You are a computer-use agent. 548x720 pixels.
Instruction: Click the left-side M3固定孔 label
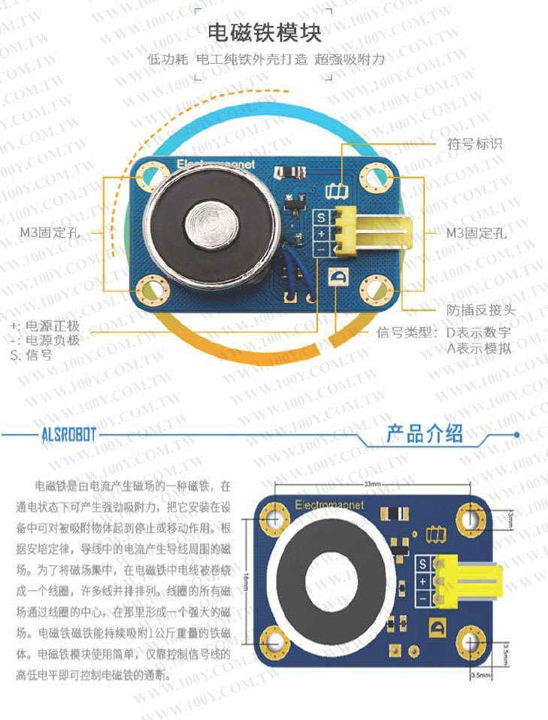pyautogui.click(x=50, y=232)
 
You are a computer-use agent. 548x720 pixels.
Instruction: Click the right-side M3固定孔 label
pyautogui.click(x=477, y=232)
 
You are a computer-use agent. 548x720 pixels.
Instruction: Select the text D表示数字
pyautogui.click(x=479, y=332)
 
